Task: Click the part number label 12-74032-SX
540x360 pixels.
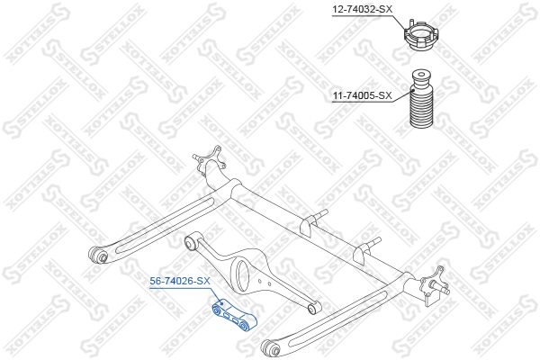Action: point(362,9)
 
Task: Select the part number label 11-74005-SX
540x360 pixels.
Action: point(362,95)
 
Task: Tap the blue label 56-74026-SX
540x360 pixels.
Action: point(180,281)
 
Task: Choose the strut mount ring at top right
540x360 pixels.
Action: point(421,35)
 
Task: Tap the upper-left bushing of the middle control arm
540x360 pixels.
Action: point(191,243)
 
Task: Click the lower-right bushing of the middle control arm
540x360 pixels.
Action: point(314,309)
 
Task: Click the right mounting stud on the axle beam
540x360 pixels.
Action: point(366,249)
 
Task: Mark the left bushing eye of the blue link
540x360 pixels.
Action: point(217,310)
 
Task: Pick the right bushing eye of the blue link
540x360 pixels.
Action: point(244,325)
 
